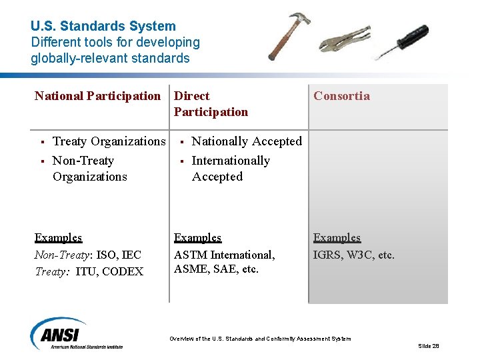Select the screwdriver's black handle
411,35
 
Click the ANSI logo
60,333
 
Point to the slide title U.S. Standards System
103,27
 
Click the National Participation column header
98,96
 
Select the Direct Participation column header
211,104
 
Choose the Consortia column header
341,96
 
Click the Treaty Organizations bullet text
109,141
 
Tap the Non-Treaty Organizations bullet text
89,169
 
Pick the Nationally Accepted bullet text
247,141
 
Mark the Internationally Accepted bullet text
231,169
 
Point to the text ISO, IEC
119,255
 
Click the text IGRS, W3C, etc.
354,255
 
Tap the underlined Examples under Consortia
337,238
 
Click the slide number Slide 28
428,346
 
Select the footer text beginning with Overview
260,339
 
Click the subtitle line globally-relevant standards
110,58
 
